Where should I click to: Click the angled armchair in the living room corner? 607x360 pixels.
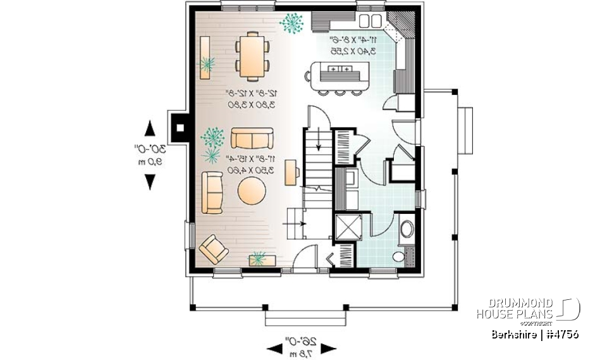click(x=214, y=249)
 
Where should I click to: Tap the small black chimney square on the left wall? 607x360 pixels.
click(x=181, y=126)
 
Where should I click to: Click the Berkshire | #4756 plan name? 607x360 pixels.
click(x=535, y=334)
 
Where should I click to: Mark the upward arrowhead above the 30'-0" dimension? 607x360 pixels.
click(x=150, y=128)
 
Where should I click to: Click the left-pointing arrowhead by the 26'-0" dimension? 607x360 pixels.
click(x=275, y=348)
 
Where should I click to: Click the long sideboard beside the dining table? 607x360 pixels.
click(x=205, y=57)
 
